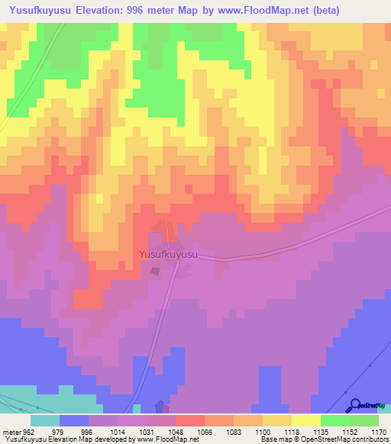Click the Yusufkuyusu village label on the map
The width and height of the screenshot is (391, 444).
[x=168, y=256]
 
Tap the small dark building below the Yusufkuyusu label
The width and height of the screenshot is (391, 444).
[x=156, y=271]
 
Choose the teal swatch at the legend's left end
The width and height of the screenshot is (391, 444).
[x=44, y=420]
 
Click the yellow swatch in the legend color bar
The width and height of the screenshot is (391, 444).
[x=305, y=420]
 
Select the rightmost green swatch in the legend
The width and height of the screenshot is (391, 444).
[x=364, y=420]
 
